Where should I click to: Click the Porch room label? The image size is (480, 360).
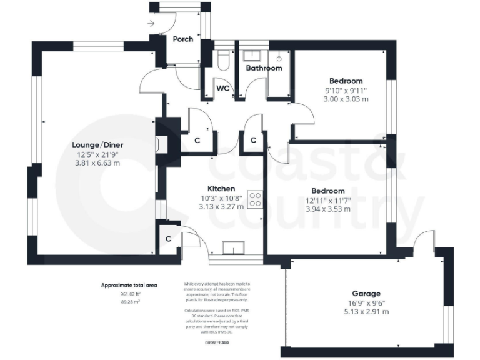[x=183, y=39]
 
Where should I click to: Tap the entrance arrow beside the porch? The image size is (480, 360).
[x=151, y=24]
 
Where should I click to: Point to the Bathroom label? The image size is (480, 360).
[x=264, y=68]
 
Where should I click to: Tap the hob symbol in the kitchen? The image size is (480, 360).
[x=256, y=199]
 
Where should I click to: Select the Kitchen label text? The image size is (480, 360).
[x=221, y=188]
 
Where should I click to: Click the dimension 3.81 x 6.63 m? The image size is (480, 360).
[x=97, y=163]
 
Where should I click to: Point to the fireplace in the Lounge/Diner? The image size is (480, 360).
[x=159, y=144]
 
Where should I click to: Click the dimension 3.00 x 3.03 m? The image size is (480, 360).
[x=346, y=99]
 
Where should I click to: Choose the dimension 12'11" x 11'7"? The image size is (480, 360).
[x=328, y=200]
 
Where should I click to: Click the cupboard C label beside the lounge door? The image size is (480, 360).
[x=197, y=141]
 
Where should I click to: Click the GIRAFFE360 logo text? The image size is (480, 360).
[x=217, y=342]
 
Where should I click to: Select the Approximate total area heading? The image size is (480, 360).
[x=129, y=285]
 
